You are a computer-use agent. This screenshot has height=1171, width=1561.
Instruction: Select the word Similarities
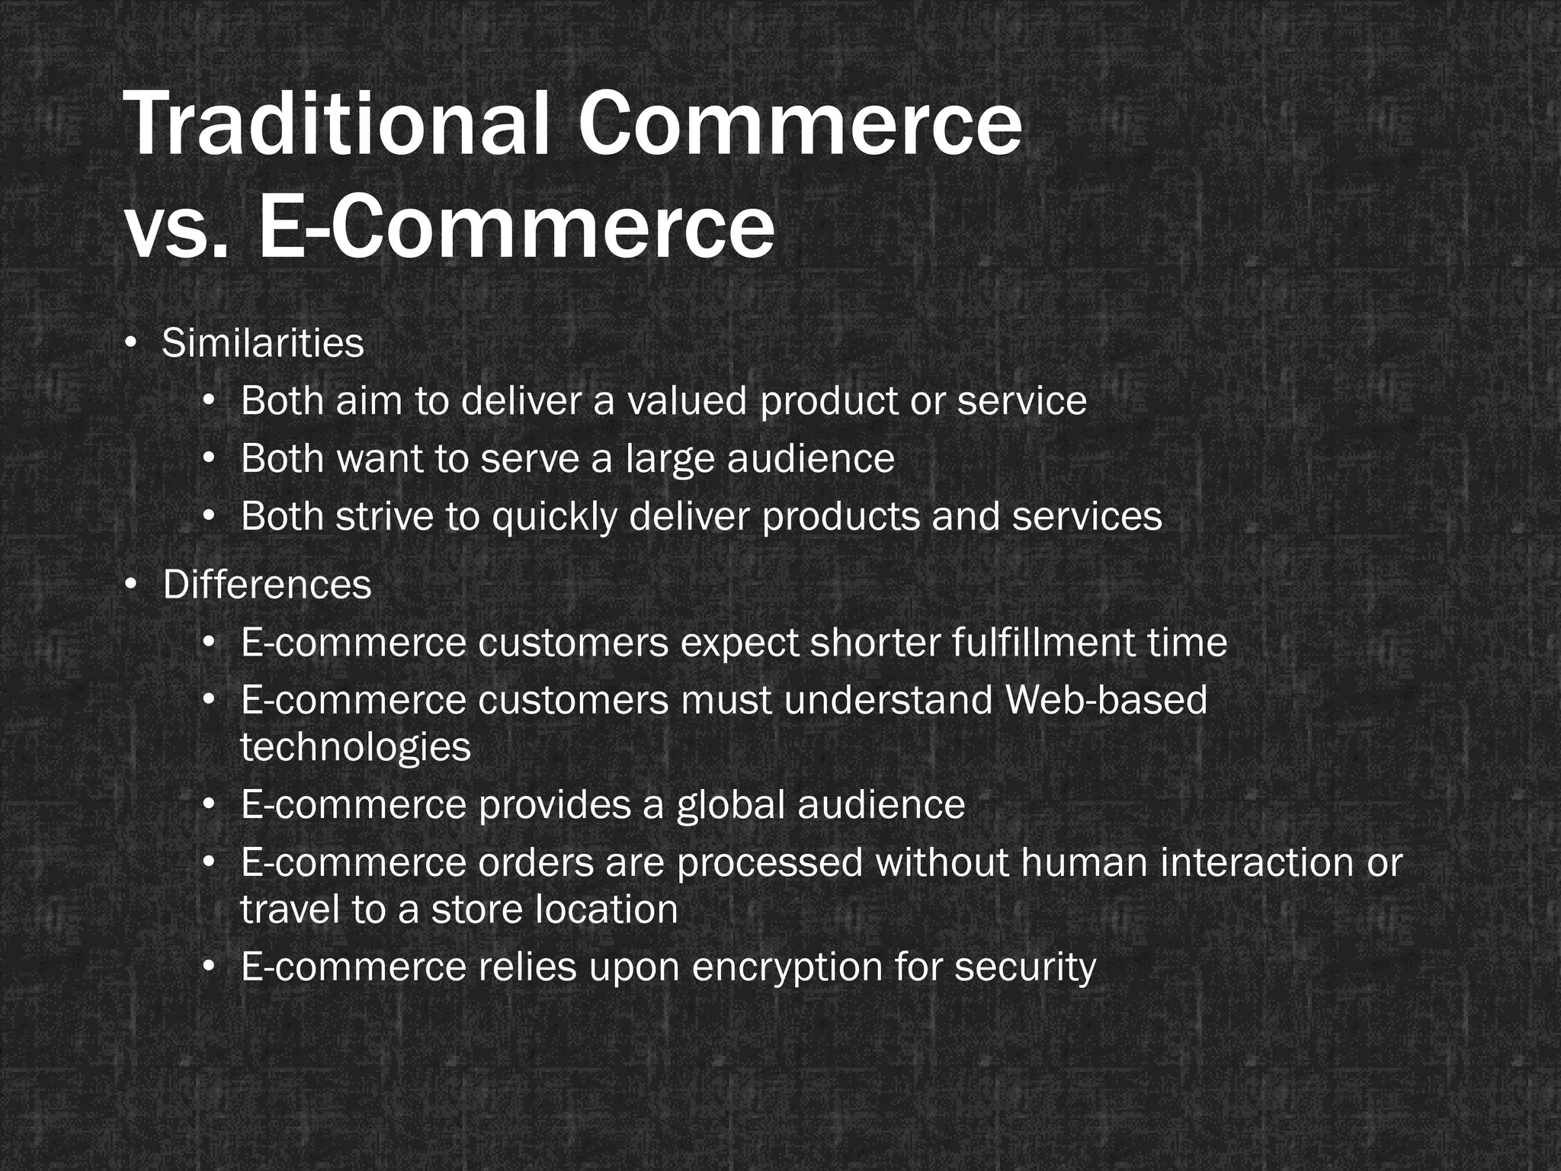(263, 343)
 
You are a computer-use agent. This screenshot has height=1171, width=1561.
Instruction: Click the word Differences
(267, 585)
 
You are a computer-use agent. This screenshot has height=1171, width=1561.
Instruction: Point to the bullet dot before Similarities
(131, 342)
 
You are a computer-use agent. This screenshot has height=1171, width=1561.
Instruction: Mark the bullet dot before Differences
(131, 584)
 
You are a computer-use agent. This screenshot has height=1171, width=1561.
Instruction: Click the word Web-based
(1106, 700)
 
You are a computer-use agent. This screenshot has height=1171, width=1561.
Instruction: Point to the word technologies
(355, 746)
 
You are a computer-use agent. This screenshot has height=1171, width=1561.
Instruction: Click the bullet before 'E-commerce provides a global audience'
(209, 804)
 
